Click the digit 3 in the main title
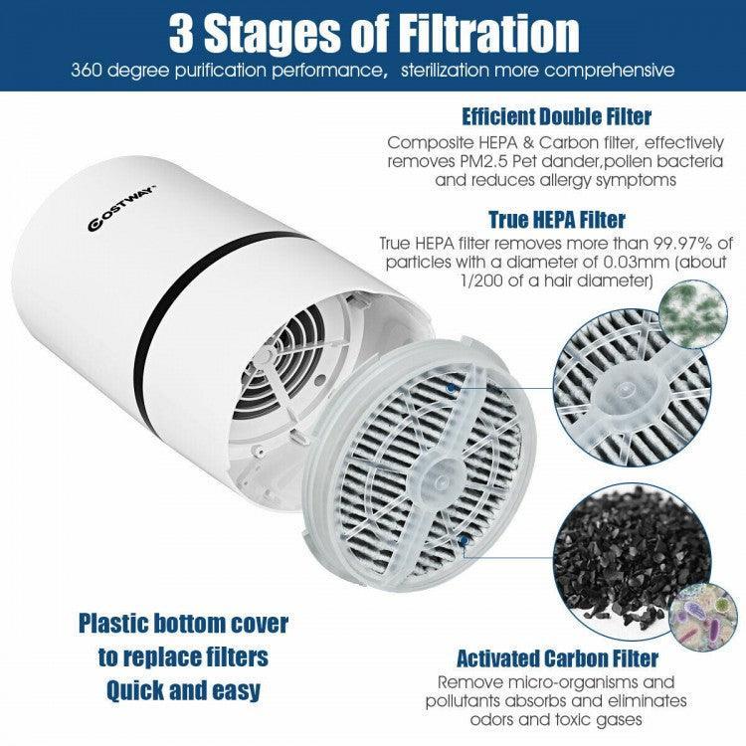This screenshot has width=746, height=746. tap(184, 34)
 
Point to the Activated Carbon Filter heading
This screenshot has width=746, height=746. tap(557, 658)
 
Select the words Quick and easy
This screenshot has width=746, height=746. tap(183, 689)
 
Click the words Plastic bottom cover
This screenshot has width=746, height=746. tap(183, 625)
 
